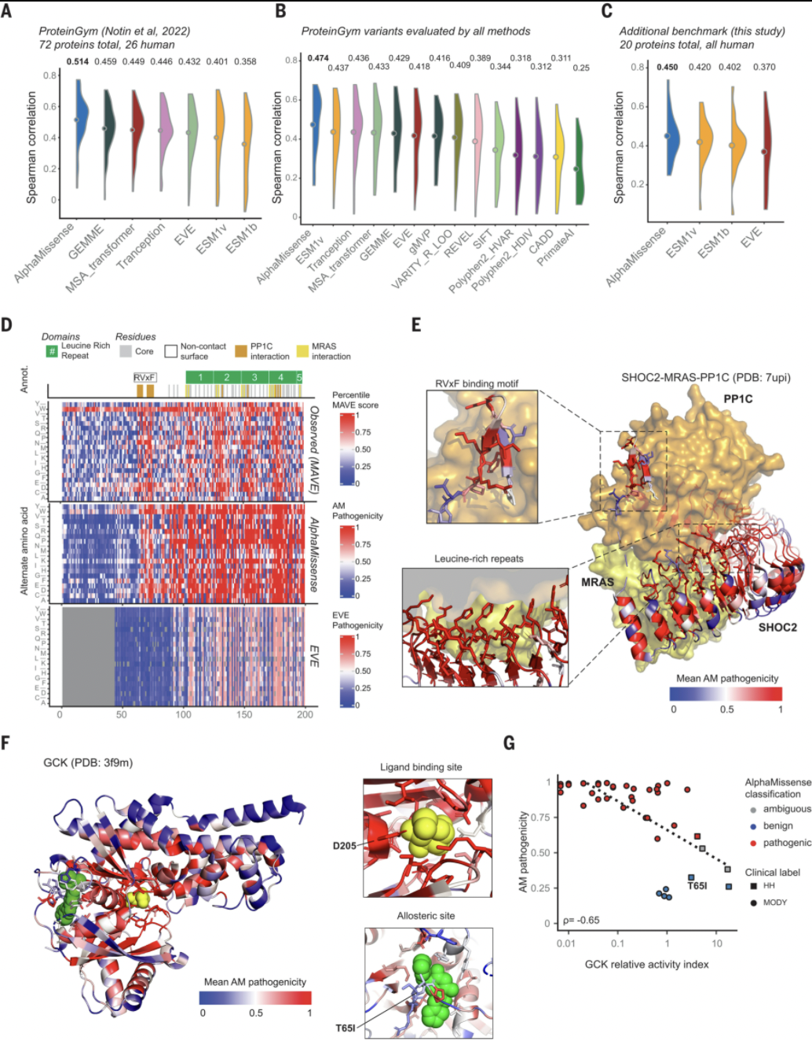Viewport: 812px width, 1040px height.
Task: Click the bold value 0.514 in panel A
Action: [78, 61]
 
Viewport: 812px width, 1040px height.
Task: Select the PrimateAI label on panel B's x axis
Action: [556, 247]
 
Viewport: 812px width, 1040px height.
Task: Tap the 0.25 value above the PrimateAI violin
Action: [581, 68]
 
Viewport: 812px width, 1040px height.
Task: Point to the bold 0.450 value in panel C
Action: [668, 67]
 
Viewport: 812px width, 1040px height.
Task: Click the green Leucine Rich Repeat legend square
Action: [52, 351]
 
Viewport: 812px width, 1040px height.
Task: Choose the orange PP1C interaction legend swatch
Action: [240, 351]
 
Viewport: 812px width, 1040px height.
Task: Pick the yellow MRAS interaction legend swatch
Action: [302, 351]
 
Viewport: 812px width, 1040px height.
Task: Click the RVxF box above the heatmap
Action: [144, 378]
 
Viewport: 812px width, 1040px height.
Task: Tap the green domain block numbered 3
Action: [254, 378]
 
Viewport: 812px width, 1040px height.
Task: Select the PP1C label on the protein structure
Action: [737, 399]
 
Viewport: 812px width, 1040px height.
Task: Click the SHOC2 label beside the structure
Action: [777, 627]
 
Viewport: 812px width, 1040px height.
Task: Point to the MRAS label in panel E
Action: [597, 582]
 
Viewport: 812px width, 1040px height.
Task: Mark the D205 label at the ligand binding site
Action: [344, 846]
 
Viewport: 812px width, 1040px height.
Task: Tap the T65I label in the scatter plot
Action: [697, 886]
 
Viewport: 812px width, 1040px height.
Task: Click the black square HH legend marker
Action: [753, 885]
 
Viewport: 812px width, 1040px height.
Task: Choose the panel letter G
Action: [509, 742]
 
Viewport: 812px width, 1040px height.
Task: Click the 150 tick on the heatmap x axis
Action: [244, 714]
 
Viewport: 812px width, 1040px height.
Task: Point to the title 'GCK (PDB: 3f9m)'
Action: [88, 762]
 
